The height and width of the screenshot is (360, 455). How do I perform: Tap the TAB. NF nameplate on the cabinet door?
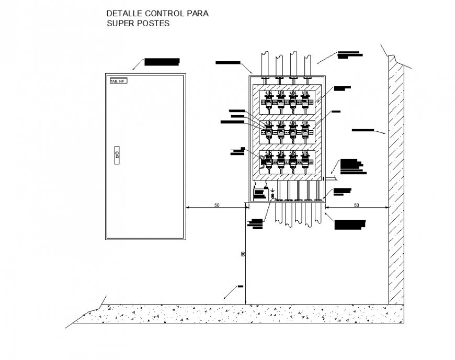[118, 81]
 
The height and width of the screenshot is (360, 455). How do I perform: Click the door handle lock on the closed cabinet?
[117, 155]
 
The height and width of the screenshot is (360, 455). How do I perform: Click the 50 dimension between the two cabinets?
[217, 206]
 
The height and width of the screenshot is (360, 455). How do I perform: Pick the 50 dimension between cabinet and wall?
[357, 206]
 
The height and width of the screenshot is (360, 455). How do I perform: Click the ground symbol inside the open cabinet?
[272, 191]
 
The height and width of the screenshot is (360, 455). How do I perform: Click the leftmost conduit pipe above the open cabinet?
[266, 63]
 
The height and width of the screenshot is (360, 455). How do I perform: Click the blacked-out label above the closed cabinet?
[162, 62]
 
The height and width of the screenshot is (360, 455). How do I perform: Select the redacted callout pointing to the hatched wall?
[362, 129]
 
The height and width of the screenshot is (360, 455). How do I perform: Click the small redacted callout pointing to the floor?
[240, 286]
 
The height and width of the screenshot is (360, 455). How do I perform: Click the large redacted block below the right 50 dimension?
[350, 224]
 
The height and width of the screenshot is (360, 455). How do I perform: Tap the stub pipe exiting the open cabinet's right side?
[331, 178]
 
